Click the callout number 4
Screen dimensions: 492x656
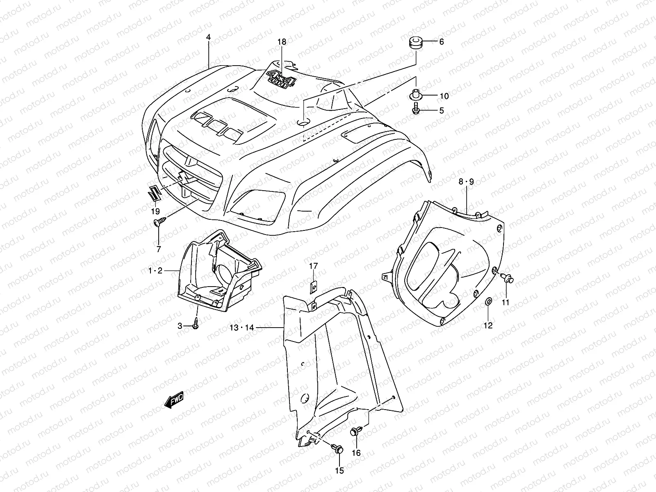point(208,37)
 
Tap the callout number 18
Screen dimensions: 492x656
point(282,42)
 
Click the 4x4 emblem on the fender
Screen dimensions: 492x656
point(281,79)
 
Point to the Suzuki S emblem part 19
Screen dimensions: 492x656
point(153,193)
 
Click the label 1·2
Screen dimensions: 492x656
point(155,270)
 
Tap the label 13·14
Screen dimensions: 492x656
point(242,328)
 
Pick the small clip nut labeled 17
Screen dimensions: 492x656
point(313,286)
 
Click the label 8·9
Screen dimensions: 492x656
point(466,182)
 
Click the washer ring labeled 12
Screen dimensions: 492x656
point(488,302)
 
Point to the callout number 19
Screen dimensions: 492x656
point(155,212)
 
